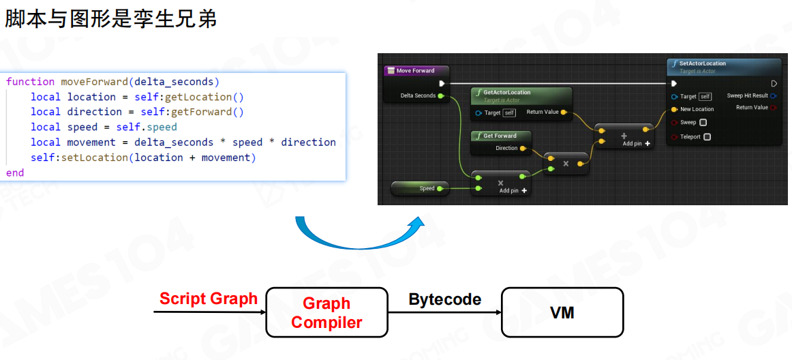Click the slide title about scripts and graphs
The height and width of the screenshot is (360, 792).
[x=111, y=18]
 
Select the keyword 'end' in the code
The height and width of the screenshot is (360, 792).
[x=15, y=172]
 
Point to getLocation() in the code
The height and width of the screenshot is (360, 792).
[x=204, y=97]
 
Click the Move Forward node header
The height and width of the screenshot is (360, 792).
[x=415, y=70]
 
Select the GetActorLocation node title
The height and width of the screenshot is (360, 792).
[x=506, y=92]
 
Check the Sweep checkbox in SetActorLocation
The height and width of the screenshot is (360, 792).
[x=703, y=123]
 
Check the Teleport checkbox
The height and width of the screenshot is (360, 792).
[x=707, y=137]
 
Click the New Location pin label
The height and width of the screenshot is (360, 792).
[x=697, y=109]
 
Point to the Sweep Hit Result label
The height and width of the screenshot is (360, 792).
[x=747, y=95]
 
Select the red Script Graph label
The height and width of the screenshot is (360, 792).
[x=209, y=299]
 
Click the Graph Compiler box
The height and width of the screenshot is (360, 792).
[x=326, y=312]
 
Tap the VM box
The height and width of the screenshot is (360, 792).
[x=562, y=312]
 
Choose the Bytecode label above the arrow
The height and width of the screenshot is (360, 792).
[x=444, y=299]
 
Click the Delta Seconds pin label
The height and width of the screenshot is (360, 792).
[x=418, y=95]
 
